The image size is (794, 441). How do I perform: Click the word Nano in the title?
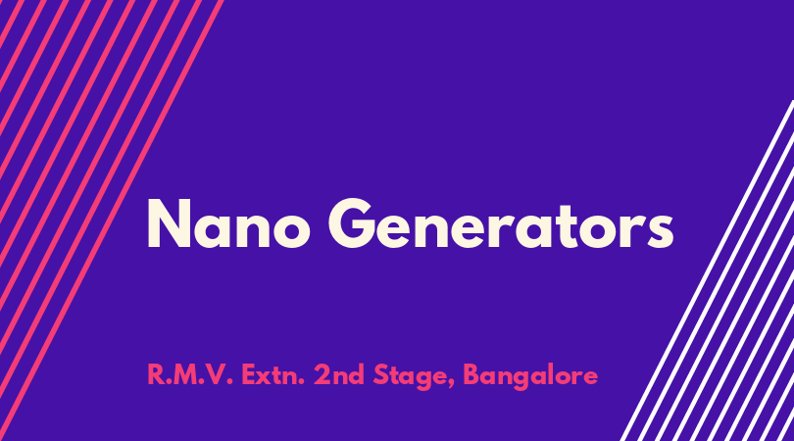click(228, 223)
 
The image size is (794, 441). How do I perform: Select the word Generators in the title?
click(501, 223)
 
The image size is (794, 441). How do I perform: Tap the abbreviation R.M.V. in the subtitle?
click(190, 375)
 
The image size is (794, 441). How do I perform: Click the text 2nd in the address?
click(339, 375)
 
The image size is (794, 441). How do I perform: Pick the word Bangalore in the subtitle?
click(530, 377)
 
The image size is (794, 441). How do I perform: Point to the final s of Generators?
click(660, 231)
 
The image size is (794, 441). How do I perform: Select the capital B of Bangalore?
click(471, 375)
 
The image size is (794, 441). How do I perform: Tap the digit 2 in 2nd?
click(323, 374)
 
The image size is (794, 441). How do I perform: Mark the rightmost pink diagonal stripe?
click(112, 220)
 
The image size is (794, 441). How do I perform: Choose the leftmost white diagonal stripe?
click(708, 270)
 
